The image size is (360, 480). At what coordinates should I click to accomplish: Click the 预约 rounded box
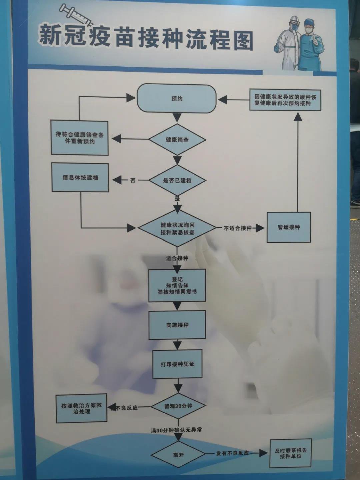tap(177, 98)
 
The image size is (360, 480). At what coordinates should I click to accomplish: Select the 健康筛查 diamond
tap(177, 140)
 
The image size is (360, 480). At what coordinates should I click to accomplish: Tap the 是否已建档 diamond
tap(177, 180)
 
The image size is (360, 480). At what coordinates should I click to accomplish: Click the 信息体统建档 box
tap(80, 177)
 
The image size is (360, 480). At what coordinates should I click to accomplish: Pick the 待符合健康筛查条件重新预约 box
tap(80, 138)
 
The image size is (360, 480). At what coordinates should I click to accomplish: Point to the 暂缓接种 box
tap(289, 227)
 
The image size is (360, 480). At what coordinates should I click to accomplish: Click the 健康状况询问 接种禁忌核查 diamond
tap(177, 228)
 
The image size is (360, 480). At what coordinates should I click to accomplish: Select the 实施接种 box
tap(177, 325)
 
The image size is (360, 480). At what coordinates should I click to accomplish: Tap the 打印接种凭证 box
tap(177, 364)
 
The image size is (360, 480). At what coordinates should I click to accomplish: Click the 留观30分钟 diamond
tap(178, 406)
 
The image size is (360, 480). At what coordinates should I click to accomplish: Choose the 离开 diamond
tap(178, 455)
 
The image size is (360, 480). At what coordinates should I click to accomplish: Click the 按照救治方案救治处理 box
tap(81, 408)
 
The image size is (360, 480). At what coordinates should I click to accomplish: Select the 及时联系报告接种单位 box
tap(290, 453)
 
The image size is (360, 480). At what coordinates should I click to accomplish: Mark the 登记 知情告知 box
tap(177, 285)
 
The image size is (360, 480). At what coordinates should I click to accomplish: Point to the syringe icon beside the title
tap(76, 15)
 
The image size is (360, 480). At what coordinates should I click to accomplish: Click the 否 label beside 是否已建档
tap(133, 180)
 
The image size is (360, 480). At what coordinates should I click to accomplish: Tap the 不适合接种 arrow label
tap(237, 228)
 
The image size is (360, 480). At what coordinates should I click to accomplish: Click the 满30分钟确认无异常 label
tap(176, 430)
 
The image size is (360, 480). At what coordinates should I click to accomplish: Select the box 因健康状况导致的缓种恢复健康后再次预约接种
tap(285, 100)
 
